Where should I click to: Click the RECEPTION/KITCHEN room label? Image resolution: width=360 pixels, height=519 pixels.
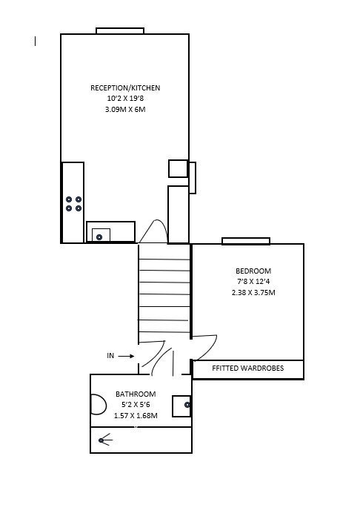[125, 87]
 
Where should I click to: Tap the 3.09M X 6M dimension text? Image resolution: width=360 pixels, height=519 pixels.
[125, 109]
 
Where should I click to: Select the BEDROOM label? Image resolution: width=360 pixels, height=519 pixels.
[253, 271]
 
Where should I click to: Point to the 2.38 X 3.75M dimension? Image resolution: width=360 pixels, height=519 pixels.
[253, 292]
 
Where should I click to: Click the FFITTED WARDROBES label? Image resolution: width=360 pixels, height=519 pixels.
[248, 368]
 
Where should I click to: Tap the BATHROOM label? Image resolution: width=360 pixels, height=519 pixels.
[136, 394]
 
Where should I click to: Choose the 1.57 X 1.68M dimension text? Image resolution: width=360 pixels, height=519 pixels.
[136, 415]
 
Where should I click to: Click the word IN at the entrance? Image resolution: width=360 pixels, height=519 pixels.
[110, 355]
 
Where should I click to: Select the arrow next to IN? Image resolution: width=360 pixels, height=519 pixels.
[126, 356]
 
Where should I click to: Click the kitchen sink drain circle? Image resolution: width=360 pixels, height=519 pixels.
[99, 237]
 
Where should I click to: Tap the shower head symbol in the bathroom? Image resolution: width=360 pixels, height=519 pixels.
[105, 440]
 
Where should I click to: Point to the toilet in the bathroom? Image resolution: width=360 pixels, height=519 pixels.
[99, 405]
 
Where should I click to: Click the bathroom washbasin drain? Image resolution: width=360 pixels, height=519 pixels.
[187, 405]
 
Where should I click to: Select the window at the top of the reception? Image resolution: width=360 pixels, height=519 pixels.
[120, 31]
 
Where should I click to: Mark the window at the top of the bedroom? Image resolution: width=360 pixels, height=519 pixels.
[246, 241]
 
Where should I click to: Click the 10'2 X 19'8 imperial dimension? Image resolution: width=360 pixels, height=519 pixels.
[125, 99]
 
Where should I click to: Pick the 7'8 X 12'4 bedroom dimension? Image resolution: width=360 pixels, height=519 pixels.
[253, 281]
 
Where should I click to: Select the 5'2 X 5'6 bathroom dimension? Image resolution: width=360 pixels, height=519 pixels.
[136, 405]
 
